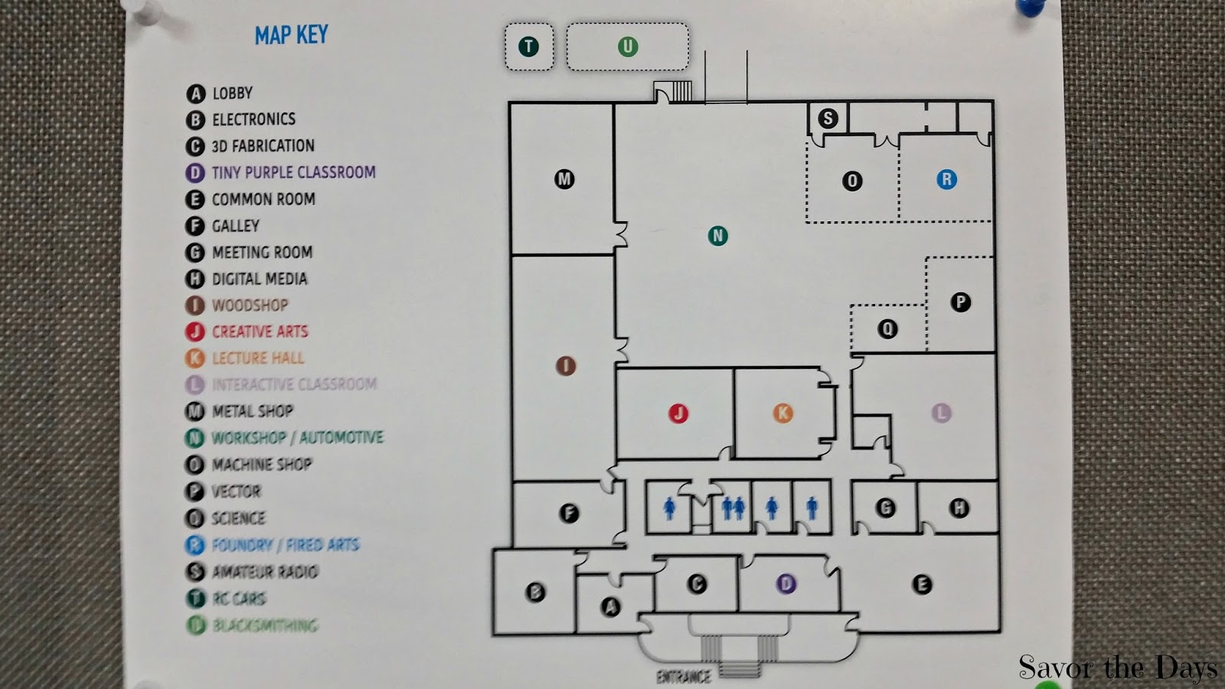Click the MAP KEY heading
291,35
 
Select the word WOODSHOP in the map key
250,305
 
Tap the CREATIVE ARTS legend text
260,331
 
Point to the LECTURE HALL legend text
258,358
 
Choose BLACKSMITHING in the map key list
265,625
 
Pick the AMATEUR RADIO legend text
265,572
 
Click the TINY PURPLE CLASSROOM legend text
293,172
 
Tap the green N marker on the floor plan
717,236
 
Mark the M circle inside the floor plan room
564,179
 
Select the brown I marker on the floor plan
566,366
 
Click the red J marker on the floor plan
678,413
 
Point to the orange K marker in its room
782,413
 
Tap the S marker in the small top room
828,119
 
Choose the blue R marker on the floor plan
947,179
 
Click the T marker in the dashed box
528,47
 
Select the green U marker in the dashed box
628,47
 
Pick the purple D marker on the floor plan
786,584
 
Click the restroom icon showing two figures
733,507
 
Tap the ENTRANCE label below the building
683,677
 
